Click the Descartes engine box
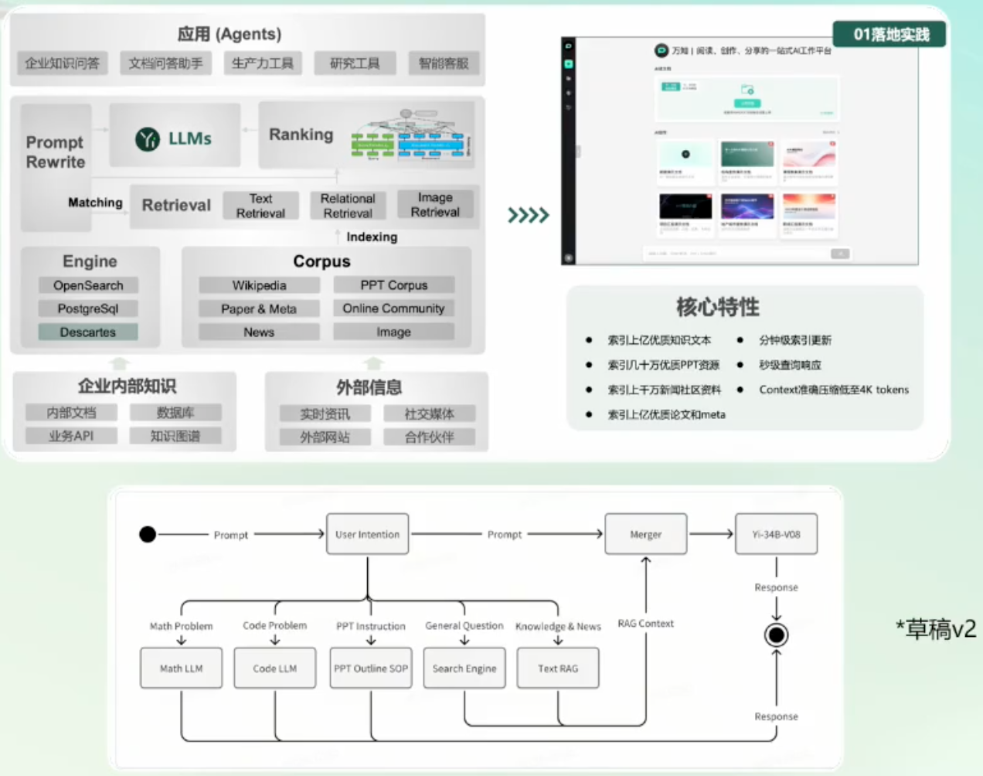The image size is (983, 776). point(88,332)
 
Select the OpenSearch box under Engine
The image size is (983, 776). point(88,285)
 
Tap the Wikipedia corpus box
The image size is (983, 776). point(259,285)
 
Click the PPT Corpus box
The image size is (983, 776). point(393,285)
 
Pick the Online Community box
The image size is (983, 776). point(393,308)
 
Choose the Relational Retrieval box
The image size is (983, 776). point(348,206)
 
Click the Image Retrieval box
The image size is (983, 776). point(435,205)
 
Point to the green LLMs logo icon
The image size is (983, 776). point(148,139)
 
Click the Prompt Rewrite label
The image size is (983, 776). point(56,152)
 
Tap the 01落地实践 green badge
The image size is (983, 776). point(890,34)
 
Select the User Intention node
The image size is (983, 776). point(367,534)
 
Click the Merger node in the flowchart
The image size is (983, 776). point(645,534)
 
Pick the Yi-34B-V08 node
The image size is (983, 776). point(776,534)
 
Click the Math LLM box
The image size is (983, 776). point(181,668)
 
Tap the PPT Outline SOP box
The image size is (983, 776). point(371,668)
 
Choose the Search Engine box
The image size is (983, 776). point(464,668)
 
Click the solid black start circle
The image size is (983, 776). point(148,534)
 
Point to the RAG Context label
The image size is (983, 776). point(645,624)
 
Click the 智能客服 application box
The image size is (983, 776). point(444,63)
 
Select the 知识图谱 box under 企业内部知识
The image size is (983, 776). point(175,436)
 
